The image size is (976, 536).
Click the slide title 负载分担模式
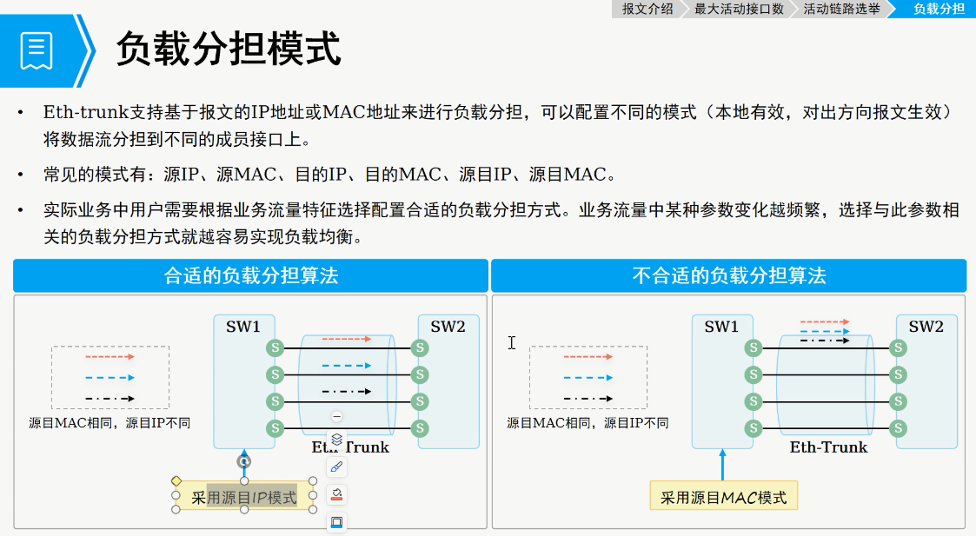tap(229, 50)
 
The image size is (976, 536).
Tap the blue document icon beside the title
tap(37, 50)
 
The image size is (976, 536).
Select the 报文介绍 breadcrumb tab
tap(647, 9)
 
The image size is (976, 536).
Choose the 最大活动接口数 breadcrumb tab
tap(739, 9)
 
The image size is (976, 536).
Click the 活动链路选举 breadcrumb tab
tap(840, 9)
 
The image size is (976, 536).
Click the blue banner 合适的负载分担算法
tap(250, 276)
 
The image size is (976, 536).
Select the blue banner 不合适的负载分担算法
tap(728, 276)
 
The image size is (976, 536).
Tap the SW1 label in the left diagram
tap(243, 328)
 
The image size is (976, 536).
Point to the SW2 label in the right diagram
tap(926, 328)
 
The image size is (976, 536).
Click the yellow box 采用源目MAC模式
tap(723, 498)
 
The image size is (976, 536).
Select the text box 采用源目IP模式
tap(244, 498)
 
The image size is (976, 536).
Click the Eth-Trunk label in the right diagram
tap(828, 447)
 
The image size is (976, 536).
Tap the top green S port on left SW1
tap(276, 347)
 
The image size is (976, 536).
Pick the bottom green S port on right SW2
tap(899, 428)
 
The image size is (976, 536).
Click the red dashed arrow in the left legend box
tap(110, 356)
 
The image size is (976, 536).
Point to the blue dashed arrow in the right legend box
tap(588, 378)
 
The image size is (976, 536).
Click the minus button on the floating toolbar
tap(337, 417)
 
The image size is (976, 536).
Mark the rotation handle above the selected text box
tap(244, 461)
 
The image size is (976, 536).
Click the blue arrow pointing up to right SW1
tap(722, 465)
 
